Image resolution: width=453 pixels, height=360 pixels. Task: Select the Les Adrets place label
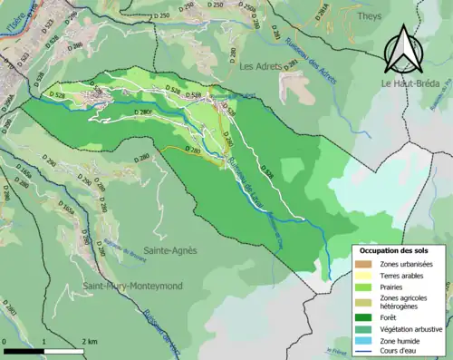point(261,66)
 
